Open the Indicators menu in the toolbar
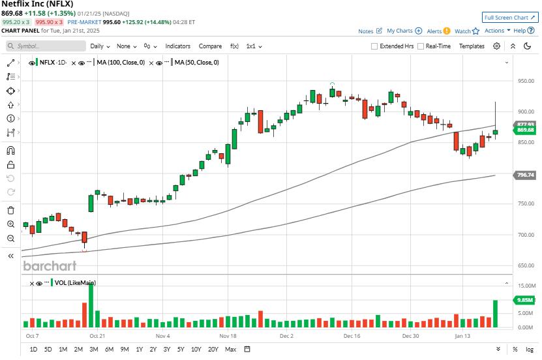[177, 46]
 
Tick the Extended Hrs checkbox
[374, 46]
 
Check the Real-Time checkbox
[421, 46]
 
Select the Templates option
[472, 46]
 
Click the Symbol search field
[46, 46]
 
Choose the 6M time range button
[109, 350]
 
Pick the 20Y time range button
[213, 350]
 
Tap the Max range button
[230, 350]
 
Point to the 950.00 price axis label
[526, 82]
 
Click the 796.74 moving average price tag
[525, 175]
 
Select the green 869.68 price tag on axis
[525, 130]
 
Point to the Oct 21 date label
[97, 336]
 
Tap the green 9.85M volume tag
[525, 300]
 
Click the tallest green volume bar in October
[91, 307]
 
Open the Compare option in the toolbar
[210, 46]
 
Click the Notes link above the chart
[370, 31]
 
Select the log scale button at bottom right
[530, 350]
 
